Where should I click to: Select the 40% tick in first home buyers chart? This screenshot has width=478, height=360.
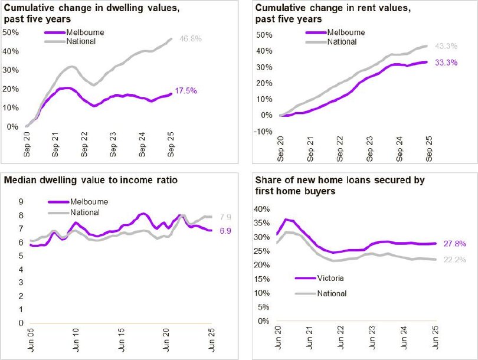click(x=263, y=208)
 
